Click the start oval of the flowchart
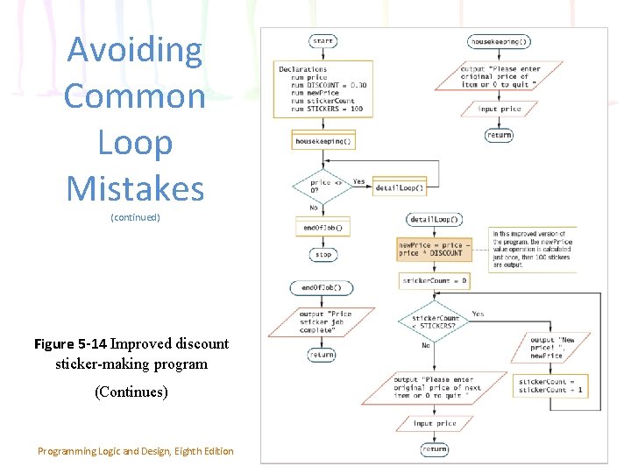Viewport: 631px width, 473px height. coord(323,41)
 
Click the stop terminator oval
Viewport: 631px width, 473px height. coord(323,255)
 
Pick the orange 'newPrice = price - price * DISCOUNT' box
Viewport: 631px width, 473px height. coord(433,249)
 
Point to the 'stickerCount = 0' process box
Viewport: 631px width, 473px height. coord(434,281)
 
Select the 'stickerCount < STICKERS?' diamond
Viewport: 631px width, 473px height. coord(434,322)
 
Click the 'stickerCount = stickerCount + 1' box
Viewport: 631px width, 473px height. coord(550,385)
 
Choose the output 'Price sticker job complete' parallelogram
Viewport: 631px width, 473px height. coord(325,321)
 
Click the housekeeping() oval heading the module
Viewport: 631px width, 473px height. coord(500,41)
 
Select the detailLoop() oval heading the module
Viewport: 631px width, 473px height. coord(434,219)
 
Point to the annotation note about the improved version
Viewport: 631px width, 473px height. coord(531,249)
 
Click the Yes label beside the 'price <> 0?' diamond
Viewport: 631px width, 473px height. coord(359,182)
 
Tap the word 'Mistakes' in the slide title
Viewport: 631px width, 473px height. coord(135,188)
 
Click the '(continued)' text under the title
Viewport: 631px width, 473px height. coord(135,217)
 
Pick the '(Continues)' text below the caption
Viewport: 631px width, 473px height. coord(131,392)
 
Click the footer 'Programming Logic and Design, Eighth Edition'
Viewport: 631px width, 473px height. coord(136,451)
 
